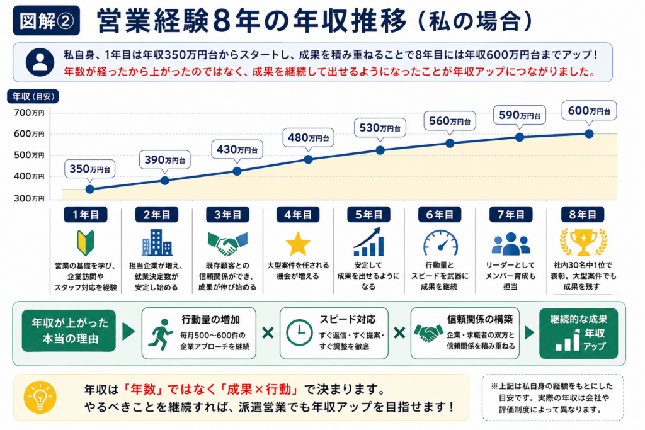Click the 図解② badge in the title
click(47, 21)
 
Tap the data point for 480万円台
click(308, 159)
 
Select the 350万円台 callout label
click(89, 169)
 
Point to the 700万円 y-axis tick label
click(29, 113)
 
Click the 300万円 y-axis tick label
click(29, 198)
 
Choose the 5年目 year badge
click(368, 215)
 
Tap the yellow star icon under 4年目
click(298, 244)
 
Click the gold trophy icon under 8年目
click(583, 242)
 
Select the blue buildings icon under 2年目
click(157, 242)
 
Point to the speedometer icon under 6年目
click(440, 243)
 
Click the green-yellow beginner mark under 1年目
click(86, 242)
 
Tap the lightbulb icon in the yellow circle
click(40, 397)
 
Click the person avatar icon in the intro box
click(40, 62)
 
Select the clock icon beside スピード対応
click(299, 332)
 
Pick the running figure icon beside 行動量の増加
click(162, 334)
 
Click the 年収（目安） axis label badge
click(33, 96)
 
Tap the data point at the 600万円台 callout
click(589, 133)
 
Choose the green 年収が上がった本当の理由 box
click(69, 331)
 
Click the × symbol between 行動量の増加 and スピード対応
click(268, 332)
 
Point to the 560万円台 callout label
click(450, 121)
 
